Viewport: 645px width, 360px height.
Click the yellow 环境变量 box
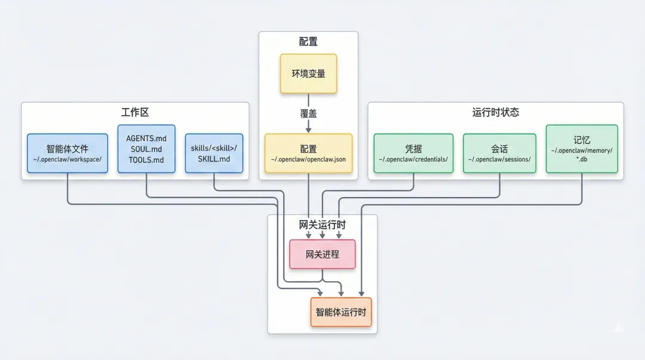pos(308,73)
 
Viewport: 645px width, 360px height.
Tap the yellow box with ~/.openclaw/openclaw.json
pos(308,153)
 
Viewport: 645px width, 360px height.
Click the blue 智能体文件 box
pos(67,153)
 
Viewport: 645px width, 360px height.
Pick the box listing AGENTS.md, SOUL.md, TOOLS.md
pos(146,149)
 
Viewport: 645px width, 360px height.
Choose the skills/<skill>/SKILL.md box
pos(214,153)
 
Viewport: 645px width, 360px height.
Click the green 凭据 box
pos(413,153)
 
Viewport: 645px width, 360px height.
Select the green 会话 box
pos(499,153)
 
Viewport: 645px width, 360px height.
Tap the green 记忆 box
pos(582,149)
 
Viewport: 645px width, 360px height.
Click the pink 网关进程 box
pos(322,254)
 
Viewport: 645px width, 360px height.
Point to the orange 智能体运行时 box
pos(341,312)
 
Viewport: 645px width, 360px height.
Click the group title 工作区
pos(134,112)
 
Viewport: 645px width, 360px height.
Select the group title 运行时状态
pos(495,112)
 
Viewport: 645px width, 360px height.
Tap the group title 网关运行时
pos(322,225)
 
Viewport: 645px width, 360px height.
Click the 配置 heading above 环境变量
pos(308,42)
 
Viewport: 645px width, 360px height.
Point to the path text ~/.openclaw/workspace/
pos(67,159)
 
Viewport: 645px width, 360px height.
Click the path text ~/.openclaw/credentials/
pos(413,159)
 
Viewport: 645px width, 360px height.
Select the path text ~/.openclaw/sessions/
pos(499,159)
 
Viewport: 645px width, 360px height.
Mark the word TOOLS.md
pos(146,159)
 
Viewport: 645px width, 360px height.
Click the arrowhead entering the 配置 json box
pos(308,130)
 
